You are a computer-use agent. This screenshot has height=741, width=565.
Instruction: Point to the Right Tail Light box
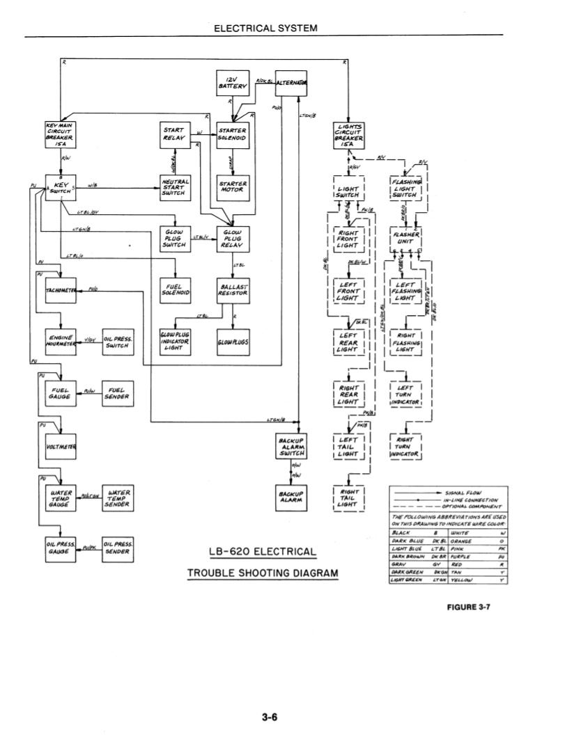click(x=348, y=498)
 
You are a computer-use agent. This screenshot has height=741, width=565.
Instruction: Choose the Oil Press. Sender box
click(x=118, y=548)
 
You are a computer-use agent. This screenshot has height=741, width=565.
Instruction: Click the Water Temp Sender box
click(x=118, y=498)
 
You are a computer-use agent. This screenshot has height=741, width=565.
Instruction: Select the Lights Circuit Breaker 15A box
click(x=348, y=133)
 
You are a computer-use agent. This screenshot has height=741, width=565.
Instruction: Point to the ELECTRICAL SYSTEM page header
click(x=265, y=29)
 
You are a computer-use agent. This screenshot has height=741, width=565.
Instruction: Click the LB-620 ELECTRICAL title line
click(x=263, y=552)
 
